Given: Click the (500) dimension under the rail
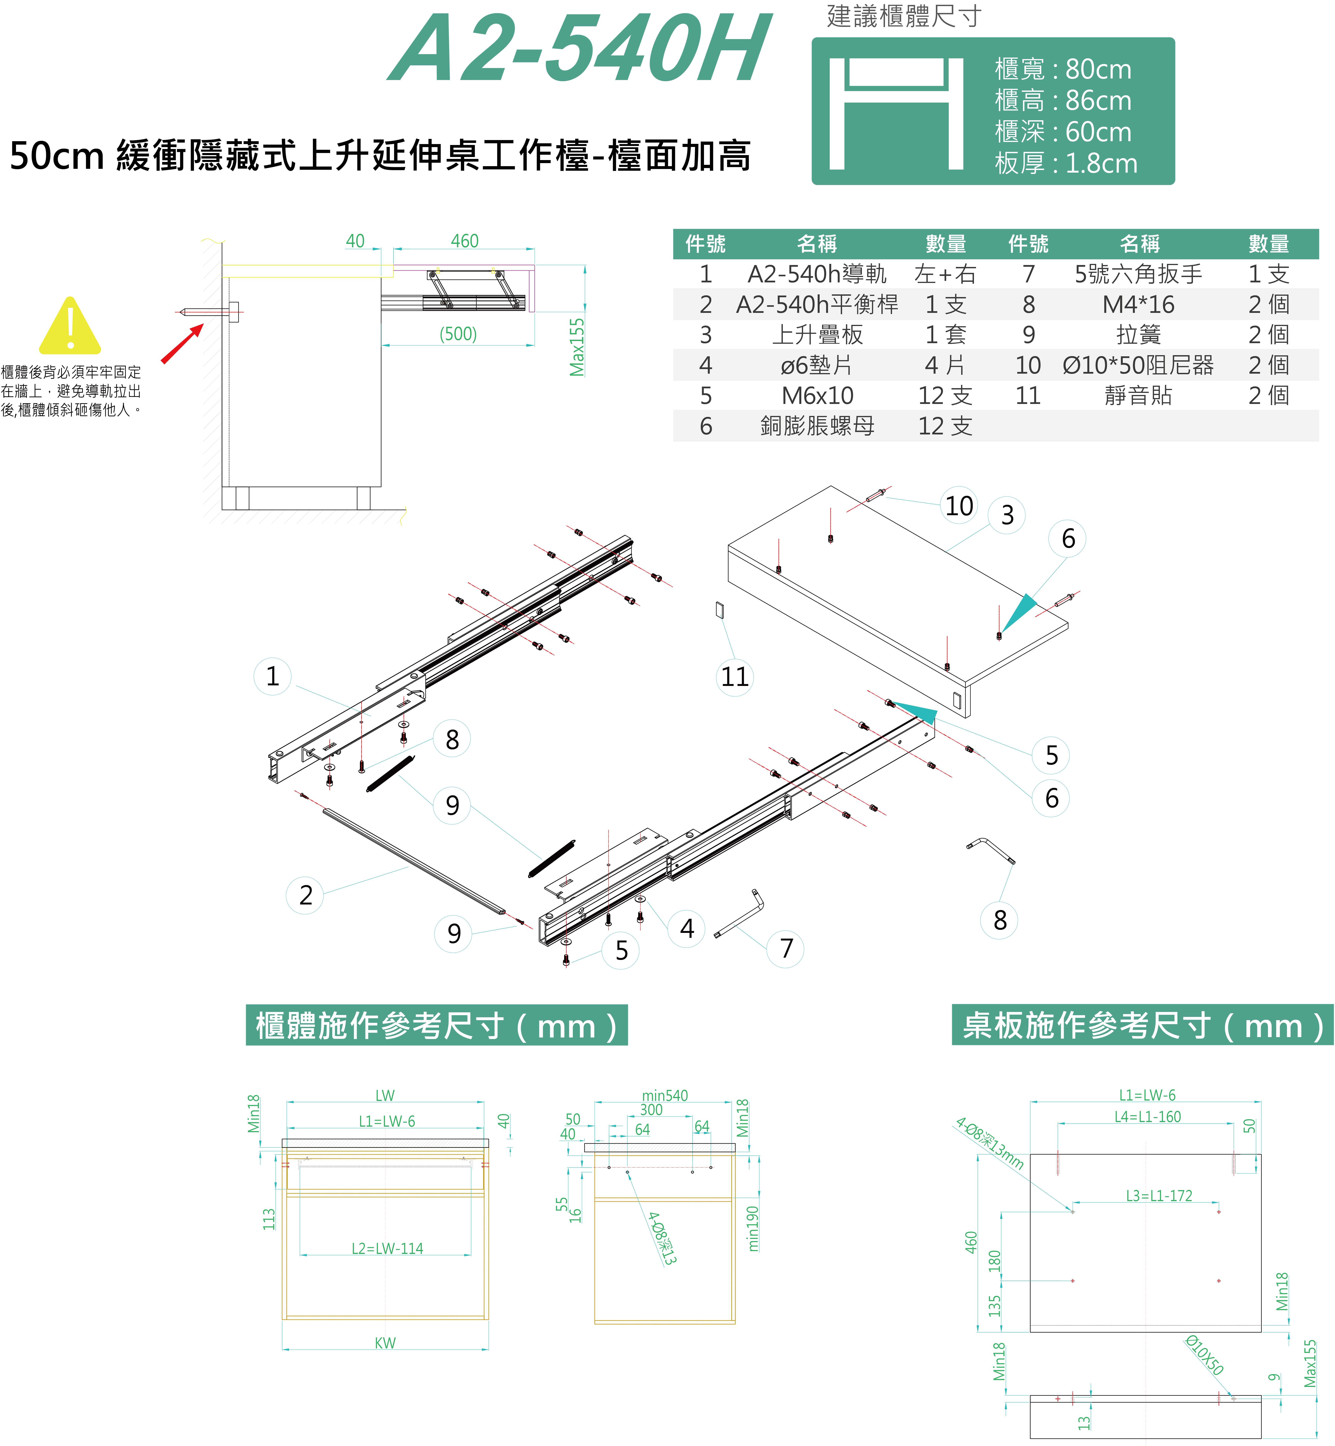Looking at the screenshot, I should tap(458, 334).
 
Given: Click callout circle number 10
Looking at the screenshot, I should tap(959, 505).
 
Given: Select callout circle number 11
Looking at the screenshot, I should tap(735, 677).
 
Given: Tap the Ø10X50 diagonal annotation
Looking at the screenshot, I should tap(1204, 1356).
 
